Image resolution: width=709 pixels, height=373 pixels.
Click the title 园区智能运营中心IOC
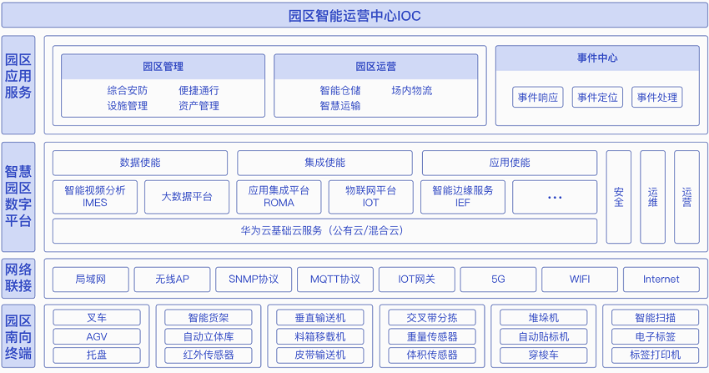tap(354, 16)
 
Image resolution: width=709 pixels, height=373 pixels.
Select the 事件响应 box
tap(538, 97)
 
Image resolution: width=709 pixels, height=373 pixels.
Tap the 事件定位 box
tap(597, 97)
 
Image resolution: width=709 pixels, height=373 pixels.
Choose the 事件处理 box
tap(657, 97)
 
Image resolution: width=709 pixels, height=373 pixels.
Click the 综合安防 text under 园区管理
tap(128, 90)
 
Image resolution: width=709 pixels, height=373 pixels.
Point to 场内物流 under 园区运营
tap(412, 90)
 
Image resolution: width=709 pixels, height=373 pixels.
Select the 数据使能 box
tap(140, 163)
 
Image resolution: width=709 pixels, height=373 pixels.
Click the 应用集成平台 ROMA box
tap(279, 197)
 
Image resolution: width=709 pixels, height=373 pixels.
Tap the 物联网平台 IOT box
tap(371, 197)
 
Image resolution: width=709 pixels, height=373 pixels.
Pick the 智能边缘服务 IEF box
tap(463, 197)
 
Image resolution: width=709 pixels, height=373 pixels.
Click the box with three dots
tap(555, 197)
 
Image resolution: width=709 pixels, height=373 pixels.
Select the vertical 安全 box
tap(619, 197)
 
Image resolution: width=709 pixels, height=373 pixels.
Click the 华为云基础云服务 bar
tap(324, 231)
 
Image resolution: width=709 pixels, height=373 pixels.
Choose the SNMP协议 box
tap(254, 280)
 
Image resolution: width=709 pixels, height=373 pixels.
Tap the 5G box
tap(498, 280)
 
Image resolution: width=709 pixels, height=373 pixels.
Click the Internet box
tap(661, 280)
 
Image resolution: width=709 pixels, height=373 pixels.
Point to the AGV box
tap(96, 337)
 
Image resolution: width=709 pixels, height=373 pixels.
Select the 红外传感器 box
tap(209, 355)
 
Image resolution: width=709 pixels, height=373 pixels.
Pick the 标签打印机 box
tap(655, 355)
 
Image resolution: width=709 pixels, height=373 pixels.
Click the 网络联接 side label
tap(18, 278)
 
